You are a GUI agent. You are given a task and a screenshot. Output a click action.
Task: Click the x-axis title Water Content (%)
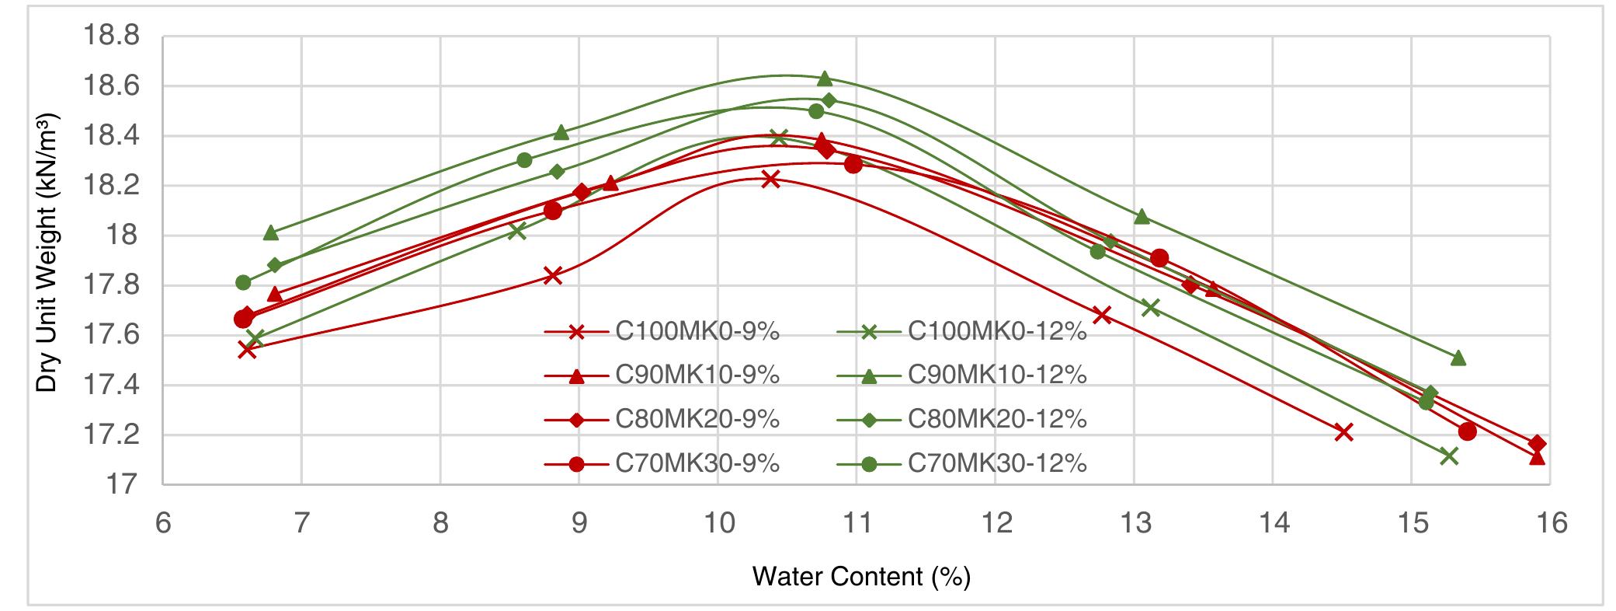click(861, 577)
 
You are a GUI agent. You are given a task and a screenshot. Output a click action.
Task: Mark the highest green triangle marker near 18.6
click(825, 79)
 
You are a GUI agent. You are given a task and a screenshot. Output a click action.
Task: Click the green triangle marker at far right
click(1458, 358)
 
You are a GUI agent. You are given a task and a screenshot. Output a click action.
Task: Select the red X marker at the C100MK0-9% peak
click(770, 179)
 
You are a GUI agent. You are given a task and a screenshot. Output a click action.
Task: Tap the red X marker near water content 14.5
click(1343, 432)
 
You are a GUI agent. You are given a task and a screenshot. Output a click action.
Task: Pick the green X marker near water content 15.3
click(1448, 456)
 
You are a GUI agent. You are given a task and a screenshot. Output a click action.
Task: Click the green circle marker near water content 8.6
click(524, 160)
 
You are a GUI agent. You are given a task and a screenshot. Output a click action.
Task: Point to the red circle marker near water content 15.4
click(1467, 431)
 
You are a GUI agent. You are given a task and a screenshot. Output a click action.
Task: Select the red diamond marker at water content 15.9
click(1537, 444)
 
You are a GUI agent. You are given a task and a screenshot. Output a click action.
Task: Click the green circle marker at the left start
click(243, 282)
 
